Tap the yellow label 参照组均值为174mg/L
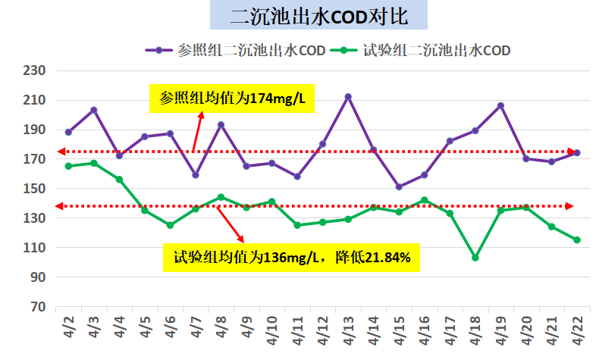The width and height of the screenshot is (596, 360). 231,98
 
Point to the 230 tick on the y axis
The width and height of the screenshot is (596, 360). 36,70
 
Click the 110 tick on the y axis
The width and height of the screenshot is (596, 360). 36,248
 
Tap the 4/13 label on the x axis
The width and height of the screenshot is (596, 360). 347,330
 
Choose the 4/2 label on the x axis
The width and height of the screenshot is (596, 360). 69,330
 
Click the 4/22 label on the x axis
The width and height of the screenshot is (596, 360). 576,330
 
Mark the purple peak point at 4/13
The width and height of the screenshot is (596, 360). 347,97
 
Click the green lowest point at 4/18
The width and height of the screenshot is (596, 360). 475,258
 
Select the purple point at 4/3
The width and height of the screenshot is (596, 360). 93,110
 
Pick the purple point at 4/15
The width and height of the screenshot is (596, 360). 398,186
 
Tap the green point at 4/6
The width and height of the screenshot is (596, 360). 170,225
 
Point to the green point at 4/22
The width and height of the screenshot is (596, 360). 576,240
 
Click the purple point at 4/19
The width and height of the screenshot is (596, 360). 500,105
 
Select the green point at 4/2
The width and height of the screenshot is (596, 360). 68,166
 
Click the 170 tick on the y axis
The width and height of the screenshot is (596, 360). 36,159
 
